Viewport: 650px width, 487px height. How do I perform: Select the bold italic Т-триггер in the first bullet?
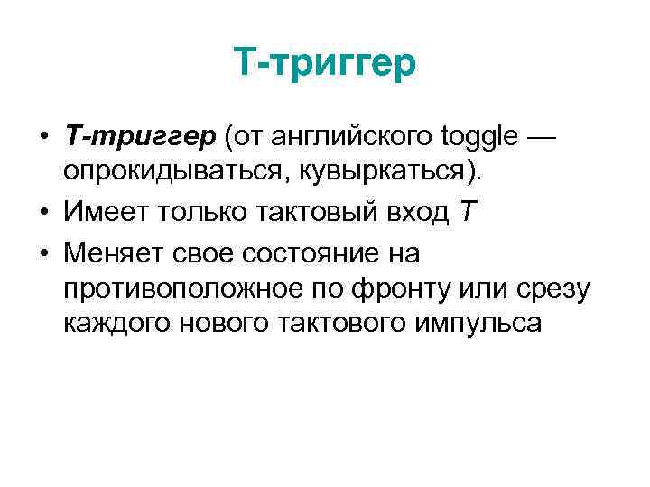[x=141, y=136]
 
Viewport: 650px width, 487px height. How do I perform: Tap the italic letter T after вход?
[x=465, y=213]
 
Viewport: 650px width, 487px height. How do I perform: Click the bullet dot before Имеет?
[x=42, y=214]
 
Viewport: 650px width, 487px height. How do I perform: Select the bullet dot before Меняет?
[x=42, y=254]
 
